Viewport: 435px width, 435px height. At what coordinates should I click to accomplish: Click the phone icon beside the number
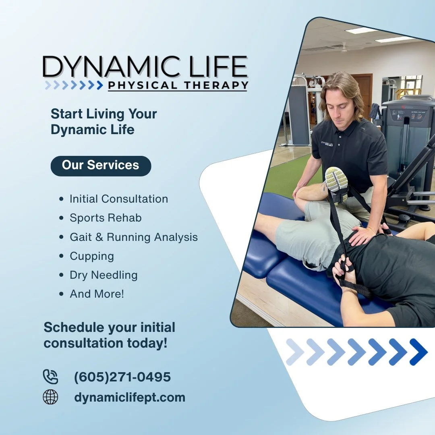[50, 377]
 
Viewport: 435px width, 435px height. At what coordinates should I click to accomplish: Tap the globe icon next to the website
[50, 397]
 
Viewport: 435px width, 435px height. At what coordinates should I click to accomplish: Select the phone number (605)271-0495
[122, 377]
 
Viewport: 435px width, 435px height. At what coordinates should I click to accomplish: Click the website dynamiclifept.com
[130, 398]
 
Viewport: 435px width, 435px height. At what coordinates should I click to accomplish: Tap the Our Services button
[101, 166]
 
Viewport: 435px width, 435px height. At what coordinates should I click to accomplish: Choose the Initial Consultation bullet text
[119, 199]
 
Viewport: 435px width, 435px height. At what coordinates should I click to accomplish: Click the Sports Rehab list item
[106, 218]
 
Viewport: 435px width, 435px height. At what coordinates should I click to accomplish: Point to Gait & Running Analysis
[134, 237]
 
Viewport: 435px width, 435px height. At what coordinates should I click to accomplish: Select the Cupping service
[92, 256]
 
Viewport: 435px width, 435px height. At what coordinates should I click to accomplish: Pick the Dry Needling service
[104, 275]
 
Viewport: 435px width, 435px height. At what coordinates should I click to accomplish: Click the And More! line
[97, 294]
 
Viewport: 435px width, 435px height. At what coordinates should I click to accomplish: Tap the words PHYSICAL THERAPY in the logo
[178, 85]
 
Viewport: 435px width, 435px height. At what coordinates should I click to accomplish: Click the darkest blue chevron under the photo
[418, 352]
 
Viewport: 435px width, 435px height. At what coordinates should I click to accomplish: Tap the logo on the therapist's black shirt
[327, 144]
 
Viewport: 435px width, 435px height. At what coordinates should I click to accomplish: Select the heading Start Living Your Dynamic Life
[104, 122]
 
